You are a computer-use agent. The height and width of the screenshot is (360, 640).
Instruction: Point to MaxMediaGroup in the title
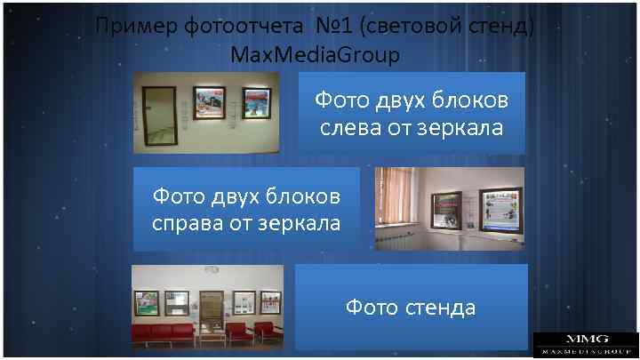click(x=315, y=55)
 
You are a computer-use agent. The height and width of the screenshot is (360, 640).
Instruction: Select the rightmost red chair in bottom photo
click(x=267, y=332)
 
